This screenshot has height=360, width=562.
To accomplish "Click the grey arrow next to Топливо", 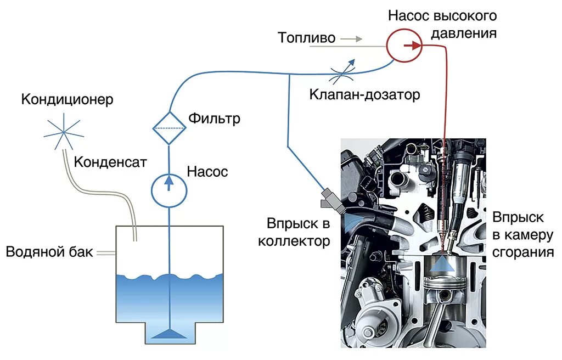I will click(351, 39).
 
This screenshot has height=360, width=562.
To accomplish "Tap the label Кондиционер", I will click(68, 99).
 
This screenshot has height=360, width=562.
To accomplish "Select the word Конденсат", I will click(110, 162).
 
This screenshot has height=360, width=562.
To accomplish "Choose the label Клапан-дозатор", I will click(364, 95).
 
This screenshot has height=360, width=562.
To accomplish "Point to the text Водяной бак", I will click(49, 252).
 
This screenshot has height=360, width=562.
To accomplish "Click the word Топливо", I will click(306, 38).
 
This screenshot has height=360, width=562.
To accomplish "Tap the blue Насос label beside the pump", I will click(207, 172).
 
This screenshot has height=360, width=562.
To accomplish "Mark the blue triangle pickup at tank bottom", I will click(168, 333).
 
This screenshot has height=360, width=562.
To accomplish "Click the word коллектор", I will click(294, 241).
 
